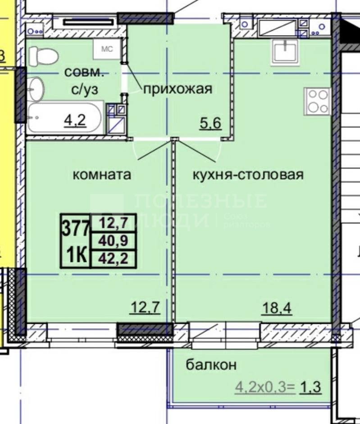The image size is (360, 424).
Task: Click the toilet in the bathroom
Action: point(44,56)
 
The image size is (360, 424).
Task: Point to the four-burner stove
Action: point(318,101)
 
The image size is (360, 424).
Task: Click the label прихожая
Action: point(178,89)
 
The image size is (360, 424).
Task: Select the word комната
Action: point(102,175)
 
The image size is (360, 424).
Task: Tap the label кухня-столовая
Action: point(248,175)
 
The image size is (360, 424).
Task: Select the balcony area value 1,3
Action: point(312,387)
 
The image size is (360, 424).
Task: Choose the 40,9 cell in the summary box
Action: point(114,241)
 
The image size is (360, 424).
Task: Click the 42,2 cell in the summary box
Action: point(114,259)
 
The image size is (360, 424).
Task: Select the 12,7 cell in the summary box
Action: point(114,222)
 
